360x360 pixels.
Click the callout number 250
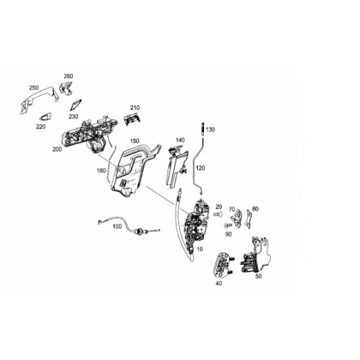(x=33, y=87)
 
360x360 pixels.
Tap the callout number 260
(x=69, y=76)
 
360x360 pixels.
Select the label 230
(x=73, y=117)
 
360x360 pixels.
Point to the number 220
(x=40, y=127)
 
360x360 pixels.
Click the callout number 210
(x=135, y=108)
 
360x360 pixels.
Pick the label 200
(x=57, y=149)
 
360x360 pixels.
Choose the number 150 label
(x=135, y=141)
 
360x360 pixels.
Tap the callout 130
(x=210, y=129)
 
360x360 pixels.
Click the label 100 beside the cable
(x=117, y=226)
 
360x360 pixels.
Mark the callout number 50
(x=258, y=276)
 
